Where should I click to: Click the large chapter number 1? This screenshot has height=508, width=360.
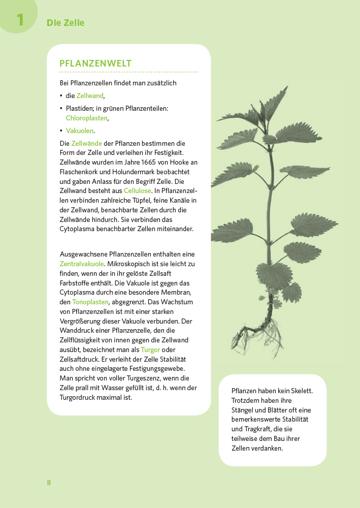tap(20, 20)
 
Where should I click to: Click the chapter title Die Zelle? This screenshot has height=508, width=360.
tap(66, 23)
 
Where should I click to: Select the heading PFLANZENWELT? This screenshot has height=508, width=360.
tap(95, 63)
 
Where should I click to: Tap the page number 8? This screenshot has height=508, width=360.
tap(49, 483)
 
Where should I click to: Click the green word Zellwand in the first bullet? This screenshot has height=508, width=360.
tap(90, 96)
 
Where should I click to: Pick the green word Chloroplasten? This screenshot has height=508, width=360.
tap(87, 118)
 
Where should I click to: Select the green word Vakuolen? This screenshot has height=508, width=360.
tap(80, 131)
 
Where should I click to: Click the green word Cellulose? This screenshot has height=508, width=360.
tap(137, 190)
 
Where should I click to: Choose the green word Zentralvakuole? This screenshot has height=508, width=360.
tap(82, 264)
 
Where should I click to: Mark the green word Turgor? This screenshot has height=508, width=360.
tap(150, 350)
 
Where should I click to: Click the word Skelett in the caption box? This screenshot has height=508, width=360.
tap(300, 391)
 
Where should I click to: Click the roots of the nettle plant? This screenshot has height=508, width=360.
tap(259, 335)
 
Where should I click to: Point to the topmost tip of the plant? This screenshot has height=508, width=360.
tap(286, 87)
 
